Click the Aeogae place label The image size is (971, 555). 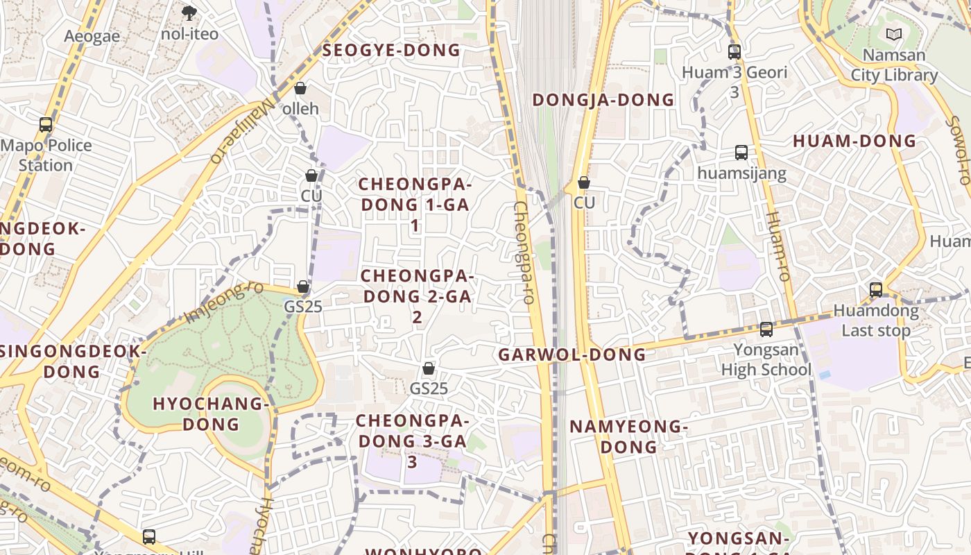92,36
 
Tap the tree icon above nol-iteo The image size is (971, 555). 189,12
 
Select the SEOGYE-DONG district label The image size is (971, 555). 391,50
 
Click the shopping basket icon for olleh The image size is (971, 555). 300,88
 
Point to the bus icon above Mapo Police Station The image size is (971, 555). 46,125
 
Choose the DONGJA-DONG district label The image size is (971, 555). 603,100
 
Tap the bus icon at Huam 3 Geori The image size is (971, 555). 734,51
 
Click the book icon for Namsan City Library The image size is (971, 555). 894,34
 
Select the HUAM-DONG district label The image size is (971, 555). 854,141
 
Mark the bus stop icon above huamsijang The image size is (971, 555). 741,153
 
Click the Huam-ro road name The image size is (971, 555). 777,246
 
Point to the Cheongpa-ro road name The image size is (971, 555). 523,253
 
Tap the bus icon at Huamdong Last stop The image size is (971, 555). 876,290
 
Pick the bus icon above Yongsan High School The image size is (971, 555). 766,330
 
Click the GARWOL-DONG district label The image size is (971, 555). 572,355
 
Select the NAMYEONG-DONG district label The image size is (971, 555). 628,436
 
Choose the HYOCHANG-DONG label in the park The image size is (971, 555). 210,413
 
